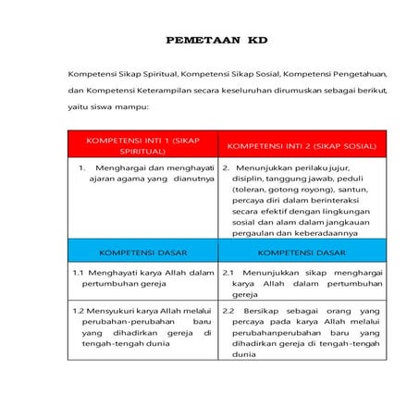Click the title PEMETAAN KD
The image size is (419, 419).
pos(216,42)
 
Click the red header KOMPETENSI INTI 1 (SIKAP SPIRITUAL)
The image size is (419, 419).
pos(142,143)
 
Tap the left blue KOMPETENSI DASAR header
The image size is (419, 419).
pos(142,251)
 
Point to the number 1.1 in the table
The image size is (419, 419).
pos(79,273)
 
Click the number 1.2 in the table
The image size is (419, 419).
pos(79,311)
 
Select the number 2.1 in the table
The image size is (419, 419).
pos(230,273)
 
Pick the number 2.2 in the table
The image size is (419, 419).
pos(230,311)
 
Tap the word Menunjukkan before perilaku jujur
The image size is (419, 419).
pos(263,167)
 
